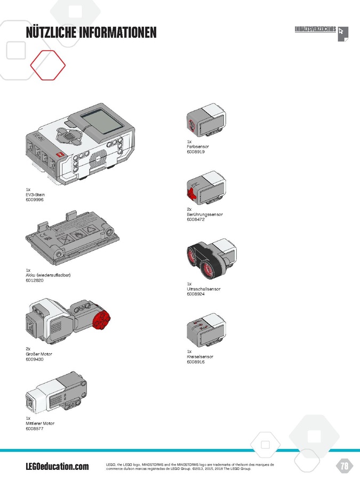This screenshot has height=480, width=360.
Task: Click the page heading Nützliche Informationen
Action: click(91, 33)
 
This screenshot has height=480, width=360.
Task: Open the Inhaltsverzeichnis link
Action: click(315, 29)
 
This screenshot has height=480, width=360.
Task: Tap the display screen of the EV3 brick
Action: click(102, 122)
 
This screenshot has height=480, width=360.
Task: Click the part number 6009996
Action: click(35, 199)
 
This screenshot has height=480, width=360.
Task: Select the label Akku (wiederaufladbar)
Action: click(48, 275)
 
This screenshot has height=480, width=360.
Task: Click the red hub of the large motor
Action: click(101, 320)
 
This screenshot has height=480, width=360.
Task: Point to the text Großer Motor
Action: click(39, 354)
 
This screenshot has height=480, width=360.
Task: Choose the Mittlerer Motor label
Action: click(40, 423)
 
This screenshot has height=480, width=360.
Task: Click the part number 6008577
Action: click(35, 429)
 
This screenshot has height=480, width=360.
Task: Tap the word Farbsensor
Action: click(198, 147)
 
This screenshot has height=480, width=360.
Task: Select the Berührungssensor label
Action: click(205, 214)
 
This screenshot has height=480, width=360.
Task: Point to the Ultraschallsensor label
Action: click(204, 289)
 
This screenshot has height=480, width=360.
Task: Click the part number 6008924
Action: click(196, 294)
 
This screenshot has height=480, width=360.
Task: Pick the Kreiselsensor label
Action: click(200, 357)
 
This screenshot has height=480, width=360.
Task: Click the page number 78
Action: click(345, 466)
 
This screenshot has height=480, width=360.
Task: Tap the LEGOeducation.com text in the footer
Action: click(57, 466)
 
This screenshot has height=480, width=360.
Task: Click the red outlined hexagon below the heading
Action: click(48, 65)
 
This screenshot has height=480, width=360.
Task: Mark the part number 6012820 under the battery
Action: click(35, 280)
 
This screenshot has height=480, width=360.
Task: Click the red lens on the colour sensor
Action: click(192, 124)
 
